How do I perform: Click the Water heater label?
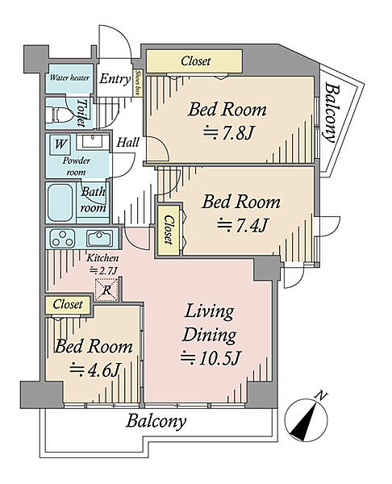point(69,77)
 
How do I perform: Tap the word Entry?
point(115,79)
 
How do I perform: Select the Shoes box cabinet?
point(138,82)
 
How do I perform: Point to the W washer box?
point(60,144)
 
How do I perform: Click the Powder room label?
point(77,166)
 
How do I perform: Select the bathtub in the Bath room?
point(60,202)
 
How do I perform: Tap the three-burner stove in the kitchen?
point(63,238)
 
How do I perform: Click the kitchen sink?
point(99,238)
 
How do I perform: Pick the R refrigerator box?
point(106,290)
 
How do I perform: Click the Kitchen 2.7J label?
point(102,264)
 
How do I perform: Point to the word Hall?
point(127,142)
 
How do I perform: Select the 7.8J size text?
point(228,133)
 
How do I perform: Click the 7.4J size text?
point(242,225)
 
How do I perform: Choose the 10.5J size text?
point(211,357)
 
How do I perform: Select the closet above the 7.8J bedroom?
point(194,61)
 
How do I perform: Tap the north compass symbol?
point(306,419)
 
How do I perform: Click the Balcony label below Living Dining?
point(156,421)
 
